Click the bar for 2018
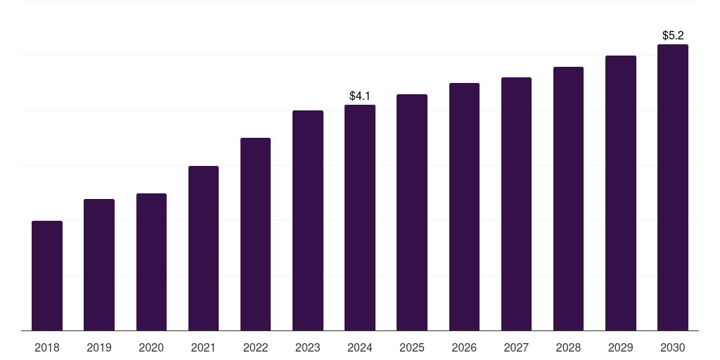pyautogui.click(x=47, y=276)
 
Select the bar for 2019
pyautogui.click(x=99, y=265)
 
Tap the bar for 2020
pyautogui.click(x=151, y=262)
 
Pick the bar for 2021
pyautogui.click(x=203, y=248)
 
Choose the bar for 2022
pyautogui.click(x=255, y=234)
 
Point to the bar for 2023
pyautogui.click(x=308, y=221)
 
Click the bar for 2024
pyautogui.click(x=360, y=218)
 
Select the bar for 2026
pyautogui.click(x=464, y=207)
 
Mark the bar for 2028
pyautogui.click(x=568, y=199)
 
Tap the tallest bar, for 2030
pyautogui.click(x=672, y=188)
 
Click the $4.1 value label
pyautogui.click(x=360, y=96)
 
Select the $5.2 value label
pyautogui.click(x=673, y=35)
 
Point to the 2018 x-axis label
pyautogui.click(x=47, y=347)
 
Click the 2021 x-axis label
pyautogui.click(x=203, y=347)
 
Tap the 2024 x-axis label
pyautogui.click(x=360, y=347)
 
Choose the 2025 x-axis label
pyautogui.click(x=412, y=347)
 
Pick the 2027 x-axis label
pyautogui.click(x=516, y=347)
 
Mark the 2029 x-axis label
pyautogui.click(x=620, y=347)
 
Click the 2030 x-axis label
pyautogui.click(x=672, y=347)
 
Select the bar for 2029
pyautogui.click(x=620, y=193)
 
